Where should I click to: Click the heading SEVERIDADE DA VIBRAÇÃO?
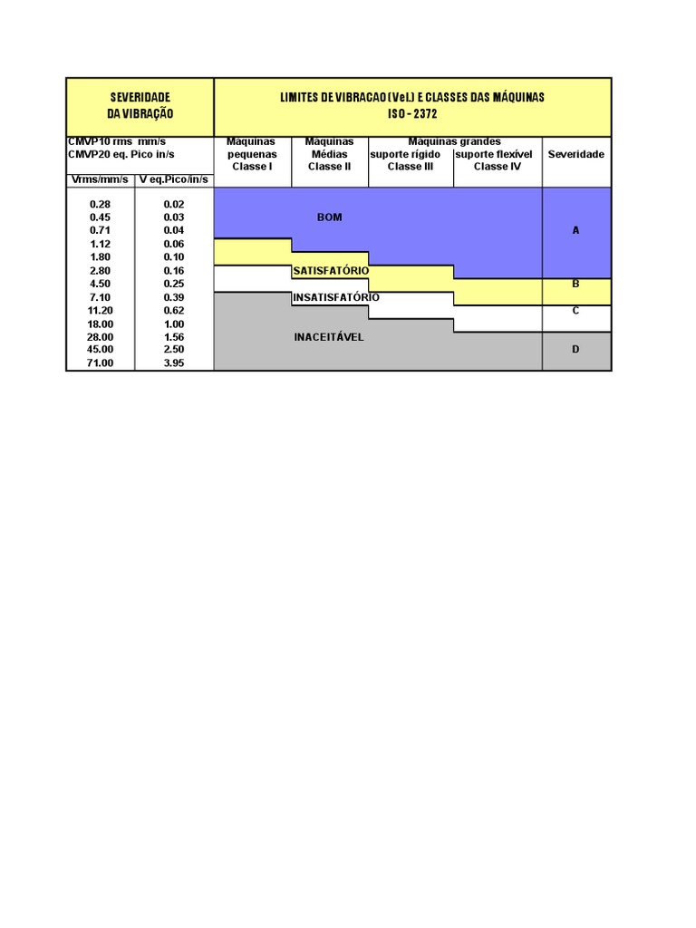tap(140, 105)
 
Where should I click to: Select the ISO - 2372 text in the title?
tap(412, 114)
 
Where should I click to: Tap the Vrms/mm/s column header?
tap(100, 179)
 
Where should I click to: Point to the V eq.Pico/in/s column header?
tap(174, 179)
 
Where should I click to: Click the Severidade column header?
tap(576, 154)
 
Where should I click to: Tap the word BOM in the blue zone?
tap(329, 217)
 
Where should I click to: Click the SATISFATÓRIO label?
tap(330, 271)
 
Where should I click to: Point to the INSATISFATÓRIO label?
tap(335, 297)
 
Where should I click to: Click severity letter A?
tap(575, 230)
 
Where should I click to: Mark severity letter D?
tap(575, 349)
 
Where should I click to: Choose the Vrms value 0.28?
tap(101, 205)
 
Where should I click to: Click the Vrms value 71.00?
tap(101, 362)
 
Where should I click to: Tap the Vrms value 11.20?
tap(101, 310)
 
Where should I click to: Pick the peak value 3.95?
tap(174, 362)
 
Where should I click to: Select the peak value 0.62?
tap(174, 310)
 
